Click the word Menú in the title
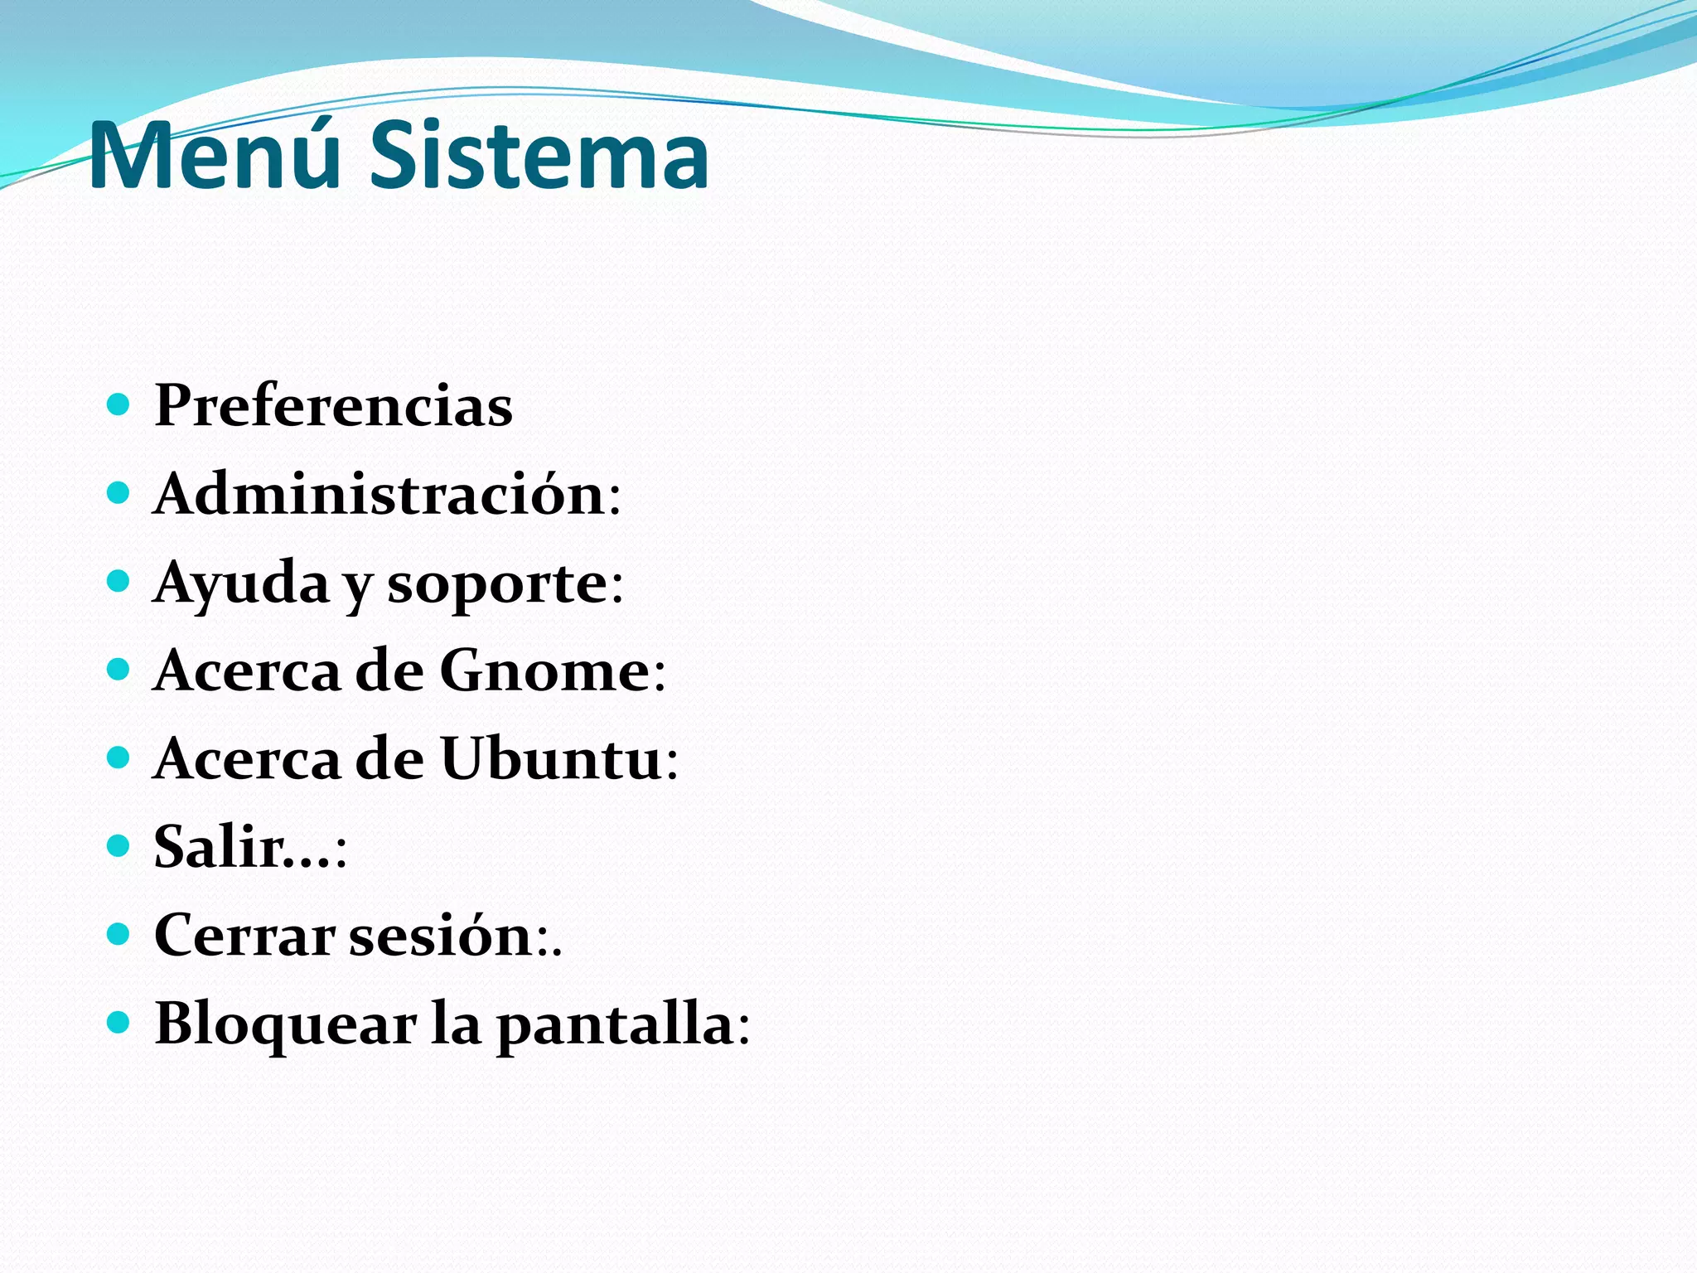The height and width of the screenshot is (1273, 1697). click(214, 156)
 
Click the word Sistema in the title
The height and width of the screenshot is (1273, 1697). click(539, 156)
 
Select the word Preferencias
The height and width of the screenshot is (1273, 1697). click(333, 406)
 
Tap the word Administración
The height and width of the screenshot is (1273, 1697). click(380, 494)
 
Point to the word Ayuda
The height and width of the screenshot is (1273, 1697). click(241, 583)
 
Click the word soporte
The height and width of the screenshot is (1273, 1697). click(498, 583)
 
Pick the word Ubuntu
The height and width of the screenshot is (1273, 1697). click(551, 758)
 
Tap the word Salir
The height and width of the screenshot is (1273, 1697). click(220, 847)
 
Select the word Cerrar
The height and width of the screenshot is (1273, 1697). click(244, 936)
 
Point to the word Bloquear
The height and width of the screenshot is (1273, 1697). click(285, 1024)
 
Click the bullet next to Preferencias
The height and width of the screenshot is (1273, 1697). click(119, 405)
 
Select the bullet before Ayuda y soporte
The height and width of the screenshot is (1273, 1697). click(119, 582)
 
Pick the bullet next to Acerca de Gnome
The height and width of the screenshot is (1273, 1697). click(119, 670)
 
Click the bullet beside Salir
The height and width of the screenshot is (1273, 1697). click(119, 846)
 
